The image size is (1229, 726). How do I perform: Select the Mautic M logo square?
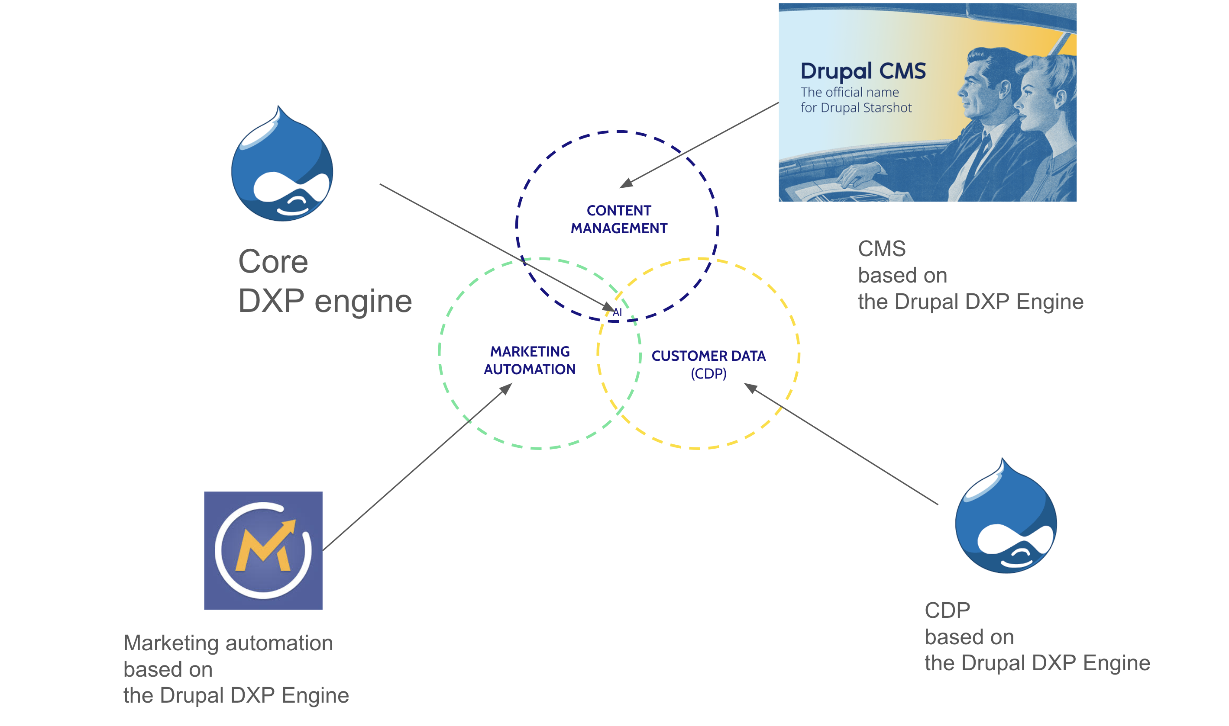(263, 550)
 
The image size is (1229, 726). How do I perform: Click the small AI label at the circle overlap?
(618, 312)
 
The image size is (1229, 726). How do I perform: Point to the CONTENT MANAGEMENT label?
(619, 219)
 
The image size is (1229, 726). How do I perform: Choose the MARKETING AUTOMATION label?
(530, 360)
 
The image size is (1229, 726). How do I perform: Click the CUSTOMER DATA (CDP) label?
(708, 364)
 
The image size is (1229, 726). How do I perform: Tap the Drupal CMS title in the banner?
(863, 71)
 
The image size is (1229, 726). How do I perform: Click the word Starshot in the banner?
(887, 108)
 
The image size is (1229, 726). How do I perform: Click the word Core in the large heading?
(273, 262)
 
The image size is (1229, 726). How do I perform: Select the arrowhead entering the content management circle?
(626, 183)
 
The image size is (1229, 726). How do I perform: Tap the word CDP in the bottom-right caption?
(947, 610)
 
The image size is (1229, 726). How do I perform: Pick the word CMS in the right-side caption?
(882, 249)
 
